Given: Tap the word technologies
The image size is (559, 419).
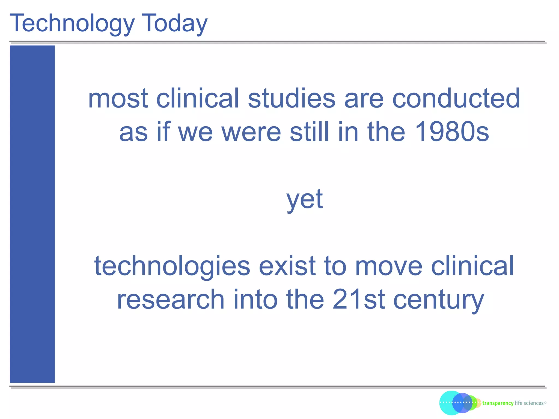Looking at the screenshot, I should (172, 266).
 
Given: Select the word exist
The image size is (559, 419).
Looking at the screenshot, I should (287, 266).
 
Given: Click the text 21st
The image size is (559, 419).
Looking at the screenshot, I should (359, 300).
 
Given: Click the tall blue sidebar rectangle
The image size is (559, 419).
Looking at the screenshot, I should (32, 214).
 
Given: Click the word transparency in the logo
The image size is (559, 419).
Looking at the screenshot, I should (498, 403).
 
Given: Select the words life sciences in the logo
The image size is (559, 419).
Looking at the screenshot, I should (529, 403).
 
